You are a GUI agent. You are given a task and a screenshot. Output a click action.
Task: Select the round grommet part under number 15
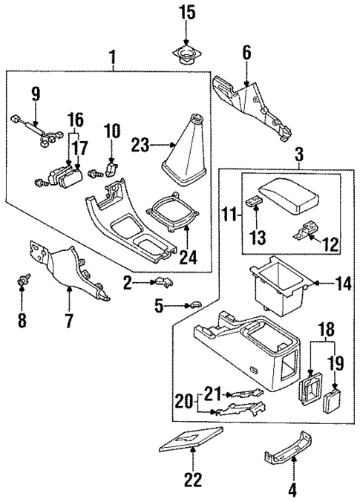click(186, 53)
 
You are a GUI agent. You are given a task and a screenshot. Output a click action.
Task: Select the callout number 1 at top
click(114, 56)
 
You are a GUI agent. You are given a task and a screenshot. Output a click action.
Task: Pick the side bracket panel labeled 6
click(252, 104)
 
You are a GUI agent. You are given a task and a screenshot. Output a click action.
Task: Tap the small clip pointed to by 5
click(194, 303)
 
